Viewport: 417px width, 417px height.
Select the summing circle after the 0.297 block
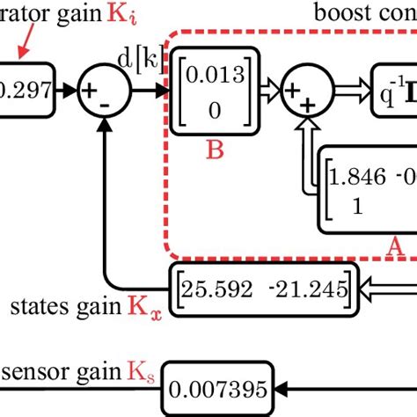[x=105, y=90]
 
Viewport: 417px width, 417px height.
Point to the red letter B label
[x=215, y=150]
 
